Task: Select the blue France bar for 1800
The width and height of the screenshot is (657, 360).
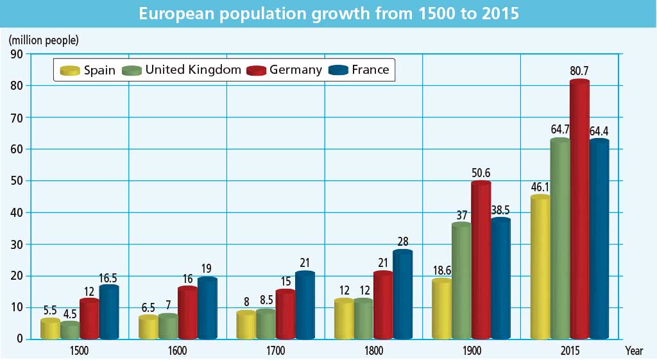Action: [403, 295]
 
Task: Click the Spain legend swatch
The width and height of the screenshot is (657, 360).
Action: [69, 70]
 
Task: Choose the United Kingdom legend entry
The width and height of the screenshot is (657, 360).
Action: [193, 70]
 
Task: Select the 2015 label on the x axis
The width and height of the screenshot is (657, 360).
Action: [570, 351]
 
